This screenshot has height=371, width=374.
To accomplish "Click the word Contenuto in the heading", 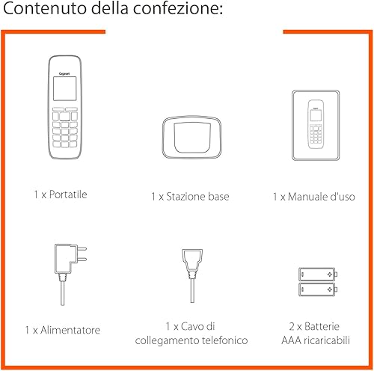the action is tap(45, 8).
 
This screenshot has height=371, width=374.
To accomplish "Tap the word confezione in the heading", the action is tap(177, 8).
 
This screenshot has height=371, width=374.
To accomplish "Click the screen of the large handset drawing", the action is tap(65, 88).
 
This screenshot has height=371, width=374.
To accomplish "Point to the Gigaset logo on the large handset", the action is tap(64, 73).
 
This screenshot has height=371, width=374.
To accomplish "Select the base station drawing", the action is tap(191, 137).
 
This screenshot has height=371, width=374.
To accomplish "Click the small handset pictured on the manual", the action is tap(316, 124).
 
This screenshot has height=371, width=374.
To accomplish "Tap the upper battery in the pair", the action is tap(318, 275).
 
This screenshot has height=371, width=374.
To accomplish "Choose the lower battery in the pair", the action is tap(318, 289).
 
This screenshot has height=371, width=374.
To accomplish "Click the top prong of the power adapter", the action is tap(82, 248).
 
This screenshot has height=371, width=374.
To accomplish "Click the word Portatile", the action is tap(68, 194).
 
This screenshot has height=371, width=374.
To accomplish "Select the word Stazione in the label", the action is tap(186, 197).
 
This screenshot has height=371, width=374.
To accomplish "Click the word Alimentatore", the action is tap(70, 330).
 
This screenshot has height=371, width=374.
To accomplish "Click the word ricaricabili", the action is tap(327, 340).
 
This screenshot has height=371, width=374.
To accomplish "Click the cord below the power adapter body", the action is tap(62, 292).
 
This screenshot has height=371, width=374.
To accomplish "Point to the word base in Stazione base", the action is tap(218, 197).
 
